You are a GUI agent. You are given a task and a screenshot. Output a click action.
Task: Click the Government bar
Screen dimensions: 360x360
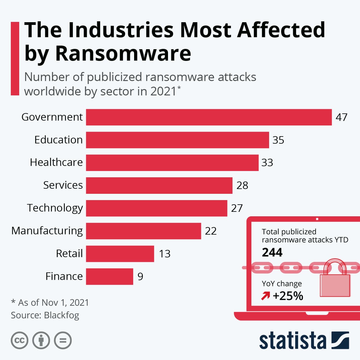[x=209, y=117]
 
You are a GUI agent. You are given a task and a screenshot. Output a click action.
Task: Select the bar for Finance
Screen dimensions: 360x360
[x=109, y=276]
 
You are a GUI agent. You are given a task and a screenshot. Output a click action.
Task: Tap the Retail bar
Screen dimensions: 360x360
[x=120, y=254]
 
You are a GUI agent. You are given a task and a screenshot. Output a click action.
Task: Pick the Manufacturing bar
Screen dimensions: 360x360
[x=143, y=231]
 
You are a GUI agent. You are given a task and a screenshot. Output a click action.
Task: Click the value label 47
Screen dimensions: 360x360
[x=341, y=117]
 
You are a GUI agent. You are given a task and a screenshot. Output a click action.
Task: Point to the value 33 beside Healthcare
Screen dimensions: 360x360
[x=267, y=163]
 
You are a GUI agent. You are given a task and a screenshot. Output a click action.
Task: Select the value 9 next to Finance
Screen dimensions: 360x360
[x=140, y=276]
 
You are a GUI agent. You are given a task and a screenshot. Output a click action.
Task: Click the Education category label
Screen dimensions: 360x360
[x=58, y=140]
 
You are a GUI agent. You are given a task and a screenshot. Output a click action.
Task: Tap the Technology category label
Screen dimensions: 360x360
[x=55, y=208]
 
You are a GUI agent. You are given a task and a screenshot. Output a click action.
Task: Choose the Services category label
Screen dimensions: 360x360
[x=63, y=185]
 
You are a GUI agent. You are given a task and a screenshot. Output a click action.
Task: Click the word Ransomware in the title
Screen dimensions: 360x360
[x=123, y=53]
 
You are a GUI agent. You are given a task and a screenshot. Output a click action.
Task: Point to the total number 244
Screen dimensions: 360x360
[x=272, y=253]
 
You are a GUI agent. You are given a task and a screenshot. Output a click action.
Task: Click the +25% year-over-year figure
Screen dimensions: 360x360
[x=288, y=296]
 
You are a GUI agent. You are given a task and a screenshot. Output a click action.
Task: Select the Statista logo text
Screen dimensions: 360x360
[x=292, y=341]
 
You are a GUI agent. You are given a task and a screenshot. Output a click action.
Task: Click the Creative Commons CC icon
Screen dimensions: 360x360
[x=19, y=340]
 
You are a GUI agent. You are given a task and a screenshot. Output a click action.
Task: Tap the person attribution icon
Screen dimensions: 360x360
[x=41, y=340]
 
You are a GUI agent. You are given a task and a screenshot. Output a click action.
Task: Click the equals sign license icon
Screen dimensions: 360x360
[x=63, y=340]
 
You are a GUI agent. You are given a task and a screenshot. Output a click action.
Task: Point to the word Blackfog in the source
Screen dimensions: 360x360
[x=61, y=315]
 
